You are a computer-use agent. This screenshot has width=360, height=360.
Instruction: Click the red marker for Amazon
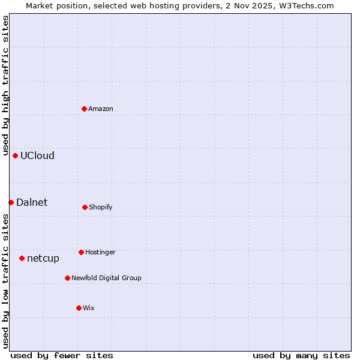[85, 109]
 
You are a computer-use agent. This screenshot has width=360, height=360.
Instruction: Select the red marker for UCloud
[15, 155]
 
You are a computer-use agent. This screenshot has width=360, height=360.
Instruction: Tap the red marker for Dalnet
[11, 202]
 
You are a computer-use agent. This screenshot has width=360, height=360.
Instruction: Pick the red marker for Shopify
[85, 207]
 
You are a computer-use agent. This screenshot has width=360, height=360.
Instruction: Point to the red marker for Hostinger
[81, 252]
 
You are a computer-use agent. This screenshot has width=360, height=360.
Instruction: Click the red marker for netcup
[22, 258]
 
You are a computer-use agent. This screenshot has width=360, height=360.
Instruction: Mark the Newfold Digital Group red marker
[67, 278]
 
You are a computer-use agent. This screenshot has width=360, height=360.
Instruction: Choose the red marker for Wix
[79, 308]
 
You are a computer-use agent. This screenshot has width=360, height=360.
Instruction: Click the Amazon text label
[101, 109]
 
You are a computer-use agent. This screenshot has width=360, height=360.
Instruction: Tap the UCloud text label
[37, 156]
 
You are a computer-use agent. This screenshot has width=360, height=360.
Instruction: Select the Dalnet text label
[32, 203]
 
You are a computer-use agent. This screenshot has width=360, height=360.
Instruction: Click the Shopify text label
[101, 208]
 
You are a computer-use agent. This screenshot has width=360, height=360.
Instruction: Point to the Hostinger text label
[100, 253]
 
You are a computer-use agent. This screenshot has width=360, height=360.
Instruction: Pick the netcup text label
[43, 259]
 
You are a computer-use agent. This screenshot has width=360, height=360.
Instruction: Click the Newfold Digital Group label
[106, 278]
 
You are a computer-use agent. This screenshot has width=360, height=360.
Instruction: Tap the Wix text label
[89, 308]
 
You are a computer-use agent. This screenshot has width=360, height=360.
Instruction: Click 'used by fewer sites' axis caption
[62, 356]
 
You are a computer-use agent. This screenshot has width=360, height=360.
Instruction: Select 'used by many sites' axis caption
[301, 356]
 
